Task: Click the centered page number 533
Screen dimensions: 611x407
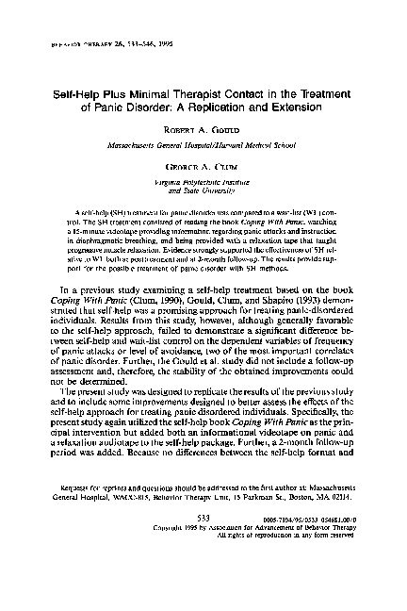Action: [x=203, y=544]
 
